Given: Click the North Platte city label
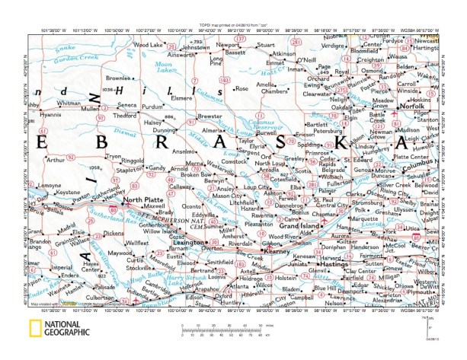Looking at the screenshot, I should [x=144, y=199].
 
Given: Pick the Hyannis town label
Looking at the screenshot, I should [x=50, y=115].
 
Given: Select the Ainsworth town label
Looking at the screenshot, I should [x=181, y=55].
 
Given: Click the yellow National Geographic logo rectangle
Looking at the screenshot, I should [x=36, y=328].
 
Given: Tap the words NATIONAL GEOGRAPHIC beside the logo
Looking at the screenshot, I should [x=68, y=328].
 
